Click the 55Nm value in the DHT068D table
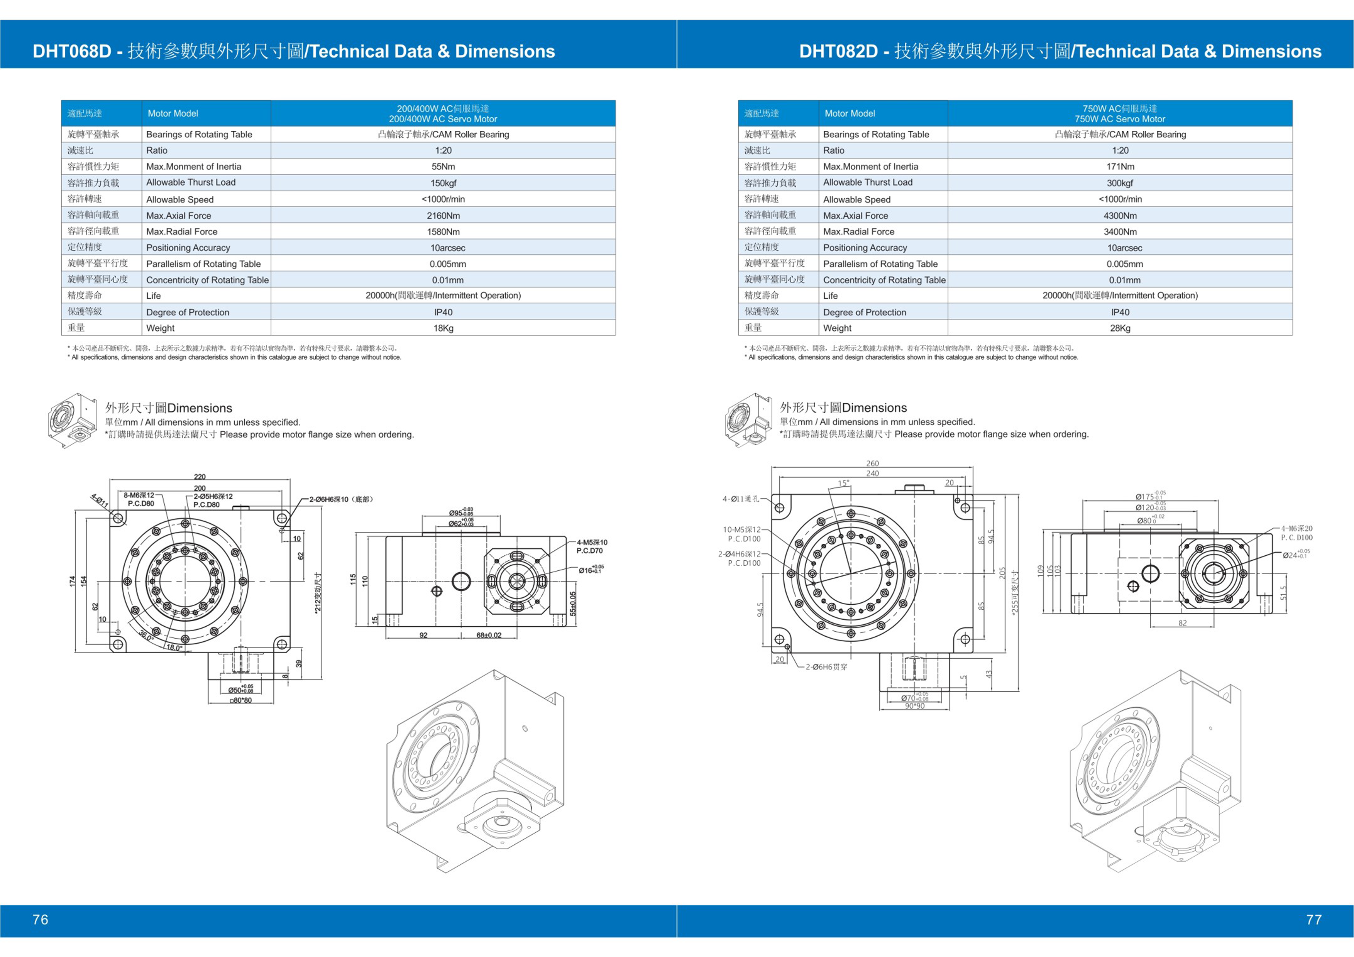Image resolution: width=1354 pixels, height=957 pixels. point(443,167)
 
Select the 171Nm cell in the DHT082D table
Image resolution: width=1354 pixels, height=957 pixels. point(1120,167)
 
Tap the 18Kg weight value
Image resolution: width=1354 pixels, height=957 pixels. point(443,328)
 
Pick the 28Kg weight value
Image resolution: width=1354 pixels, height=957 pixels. point(1120,328)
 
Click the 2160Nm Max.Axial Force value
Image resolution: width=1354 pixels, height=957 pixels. point(443,216)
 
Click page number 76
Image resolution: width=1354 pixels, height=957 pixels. point(40,919)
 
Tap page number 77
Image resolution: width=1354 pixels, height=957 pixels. point(1314,919)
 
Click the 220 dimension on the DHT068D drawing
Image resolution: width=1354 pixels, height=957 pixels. point(200,477)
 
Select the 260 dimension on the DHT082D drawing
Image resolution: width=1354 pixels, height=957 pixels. point(873,463)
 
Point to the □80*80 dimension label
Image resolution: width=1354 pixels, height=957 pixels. point(240,700)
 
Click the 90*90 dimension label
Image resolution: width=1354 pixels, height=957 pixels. point(915,706)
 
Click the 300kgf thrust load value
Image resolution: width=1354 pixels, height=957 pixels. point(1120,183)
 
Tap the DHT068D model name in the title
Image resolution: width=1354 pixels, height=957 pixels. point(71,51)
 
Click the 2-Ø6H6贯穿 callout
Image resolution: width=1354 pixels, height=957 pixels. point(826,667)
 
